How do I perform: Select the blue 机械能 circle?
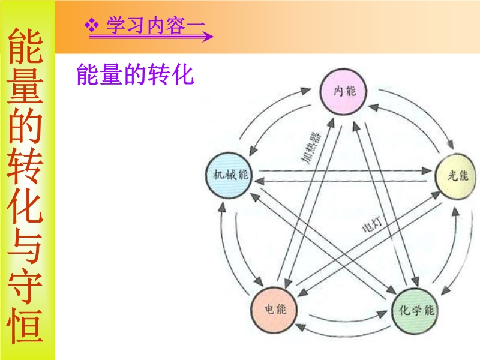pos(229,175)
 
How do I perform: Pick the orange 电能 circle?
pos(274,310)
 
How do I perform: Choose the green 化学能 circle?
pos(416,311)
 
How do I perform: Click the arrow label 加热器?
pos(310,148)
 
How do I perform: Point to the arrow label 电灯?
pos(372,226)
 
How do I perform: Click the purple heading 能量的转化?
pos(135,74)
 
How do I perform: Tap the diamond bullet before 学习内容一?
pos(92,25)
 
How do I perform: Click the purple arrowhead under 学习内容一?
pos(209,37)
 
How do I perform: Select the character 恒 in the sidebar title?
pos(25,325)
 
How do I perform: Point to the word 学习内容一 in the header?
pos(155,25)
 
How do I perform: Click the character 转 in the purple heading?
pos(158,74)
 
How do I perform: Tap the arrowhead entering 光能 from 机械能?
pos(427,171)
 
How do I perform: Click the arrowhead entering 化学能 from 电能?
pos(382,314)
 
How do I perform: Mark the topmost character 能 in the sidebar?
pos(25,46)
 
